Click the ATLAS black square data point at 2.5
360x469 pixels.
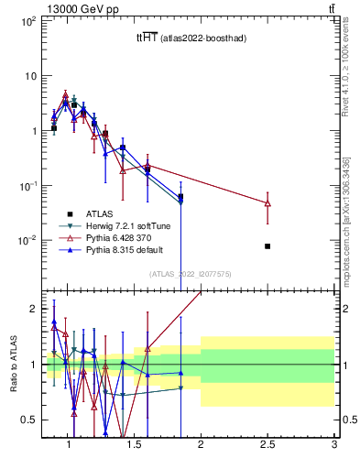[267, 246]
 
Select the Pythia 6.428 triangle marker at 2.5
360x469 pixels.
[267, 202]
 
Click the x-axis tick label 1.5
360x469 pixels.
[135, 446]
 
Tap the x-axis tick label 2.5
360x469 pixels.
[267, 446]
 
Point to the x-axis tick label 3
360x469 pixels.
[334, 446]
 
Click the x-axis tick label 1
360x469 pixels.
[68, 446]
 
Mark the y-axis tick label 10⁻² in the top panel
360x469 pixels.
[27, 241]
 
